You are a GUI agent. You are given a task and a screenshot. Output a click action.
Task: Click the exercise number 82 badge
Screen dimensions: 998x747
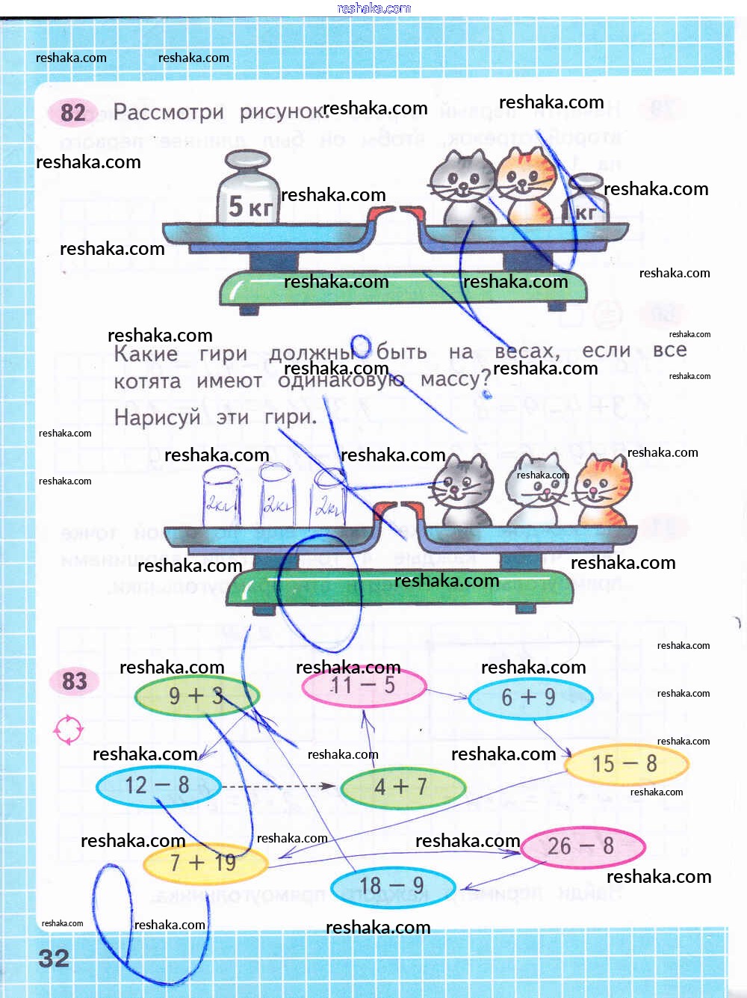click(x=72, y=113)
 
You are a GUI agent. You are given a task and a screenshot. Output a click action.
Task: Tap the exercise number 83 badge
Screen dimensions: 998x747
click(x=74, y=681)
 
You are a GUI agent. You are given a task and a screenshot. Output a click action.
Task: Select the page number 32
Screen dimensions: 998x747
click(x=54, y=958)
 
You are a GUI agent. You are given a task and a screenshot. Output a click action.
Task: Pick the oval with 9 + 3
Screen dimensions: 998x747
click(x=196, y=696)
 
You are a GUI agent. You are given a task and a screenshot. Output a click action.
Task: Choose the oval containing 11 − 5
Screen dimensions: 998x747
click(x=364, y=686)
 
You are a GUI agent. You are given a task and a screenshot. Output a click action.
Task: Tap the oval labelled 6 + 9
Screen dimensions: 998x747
click(x=530, y=698)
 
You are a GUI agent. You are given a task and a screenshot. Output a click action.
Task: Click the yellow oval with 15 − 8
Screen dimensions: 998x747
click(x=626, y=764)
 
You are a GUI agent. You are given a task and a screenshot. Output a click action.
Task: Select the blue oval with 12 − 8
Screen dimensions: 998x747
click(x=158, y=786)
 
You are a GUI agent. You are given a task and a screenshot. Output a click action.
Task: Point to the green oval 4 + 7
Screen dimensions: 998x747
click(x=402, y=787)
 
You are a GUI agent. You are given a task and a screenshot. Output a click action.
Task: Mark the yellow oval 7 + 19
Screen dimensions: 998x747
click(x=205, y=863)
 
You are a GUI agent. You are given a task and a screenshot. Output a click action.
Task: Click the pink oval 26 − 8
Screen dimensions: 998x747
click(x=582, y=846)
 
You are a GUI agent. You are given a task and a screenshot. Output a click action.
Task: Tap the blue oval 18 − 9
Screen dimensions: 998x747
click(x=393, y=887)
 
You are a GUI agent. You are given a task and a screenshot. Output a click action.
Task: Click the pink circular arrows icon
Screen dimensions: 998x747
click(x=68, y=730)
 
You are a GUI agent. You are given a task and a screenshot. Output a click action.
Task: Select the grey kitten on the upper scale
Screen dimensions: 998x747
click(x=463, y=187)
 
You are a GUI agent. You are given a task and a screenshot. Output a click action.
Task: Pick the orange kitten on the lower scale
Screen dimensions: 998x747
click(x=603, y=491)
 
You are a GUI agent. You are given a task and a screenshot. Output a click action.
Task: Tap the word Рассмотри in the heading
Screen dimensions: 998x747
click(x=168, y=112)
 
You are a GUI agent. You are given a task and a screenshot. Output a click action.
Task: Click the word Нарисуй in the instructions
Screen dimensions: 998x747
click(x=157, y=417)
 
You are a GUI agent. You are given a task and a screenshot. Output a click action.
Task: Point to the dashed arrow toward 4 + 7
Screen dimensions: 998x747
click(x=278, y=786)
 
